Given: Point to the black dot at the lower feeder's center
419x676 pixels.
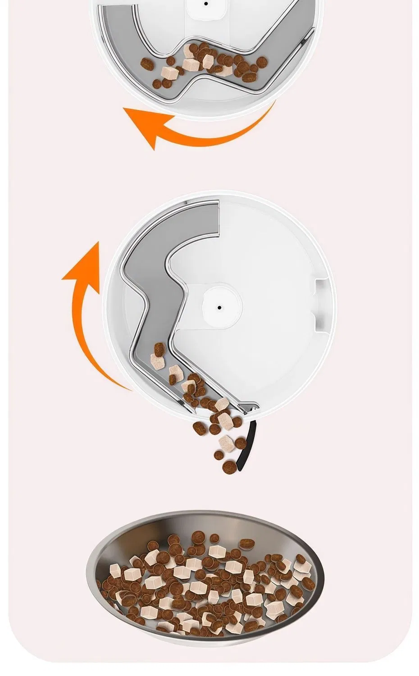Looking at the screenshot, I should pos(219,307).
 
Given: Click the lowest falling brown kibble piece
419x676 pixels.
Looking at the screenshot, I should pos(230,466).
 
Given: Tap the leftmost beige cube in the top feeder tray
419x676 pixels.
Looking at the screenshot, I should pos(169,73).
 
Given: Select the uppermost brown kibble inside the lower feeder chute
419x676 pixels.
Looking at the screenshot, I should pos(160,348).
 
